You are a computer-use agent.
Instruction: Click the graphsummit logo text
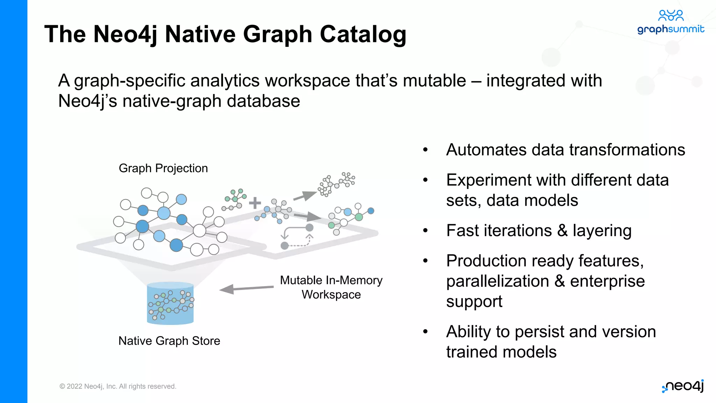coord(671,29)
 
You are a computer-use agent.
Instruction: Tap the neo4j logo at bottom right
coord(683,386)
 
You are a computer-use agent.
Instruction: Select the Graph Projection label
coord(163,168)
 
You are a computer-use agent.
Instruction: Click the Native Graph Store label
coord(169,341)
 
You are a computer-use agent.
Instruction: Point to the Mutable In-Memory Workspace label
coord(331,287)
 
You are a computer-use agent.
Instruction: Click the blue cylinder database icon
coord(170,303)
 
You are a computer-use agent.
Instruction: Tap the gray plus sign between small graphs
coord(255,203)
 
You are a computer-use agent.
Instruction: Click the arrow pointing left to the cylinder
coord(246,289)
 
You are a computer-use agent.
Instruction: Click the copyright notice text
coord(118,386)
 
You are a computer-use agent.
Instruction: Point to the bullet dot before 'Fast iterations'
coord(425,231)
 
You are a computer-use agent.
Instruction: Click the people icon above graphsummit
coord(671,15)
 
